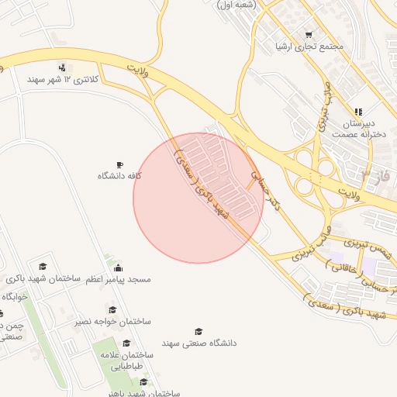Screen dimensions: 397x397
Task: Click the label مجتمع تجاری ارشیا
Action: point(309,47)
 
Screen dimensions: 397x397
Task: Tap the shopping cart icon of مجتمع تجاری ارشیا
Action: point(309,34)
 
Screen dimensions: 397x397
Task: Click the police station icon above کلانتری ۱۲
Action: point(61,67)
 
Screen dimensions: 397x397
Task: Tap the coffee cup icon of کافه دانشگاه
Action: point(119,164)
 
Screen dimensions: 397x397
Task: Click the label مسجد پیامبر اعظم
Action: point(118,278)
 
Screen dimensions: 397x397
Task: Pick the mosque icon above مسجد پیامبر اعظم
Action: point(118,268)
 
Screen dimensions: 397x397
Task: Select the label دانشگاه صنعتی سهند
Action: point(199,342)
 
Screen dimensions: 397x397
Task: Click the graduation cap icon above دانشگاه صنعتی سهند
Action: point(198,331)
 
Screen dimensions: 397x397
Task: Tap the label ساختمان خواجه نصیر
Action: point(112,321)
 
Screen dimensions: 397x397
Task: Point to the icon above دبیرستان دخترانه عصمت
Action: point(358,112)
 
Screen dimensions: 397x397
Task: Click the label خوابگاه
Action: point(14,297)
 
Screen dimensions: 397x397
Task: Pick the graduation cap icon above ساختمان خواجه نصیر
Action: point(112,310)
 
